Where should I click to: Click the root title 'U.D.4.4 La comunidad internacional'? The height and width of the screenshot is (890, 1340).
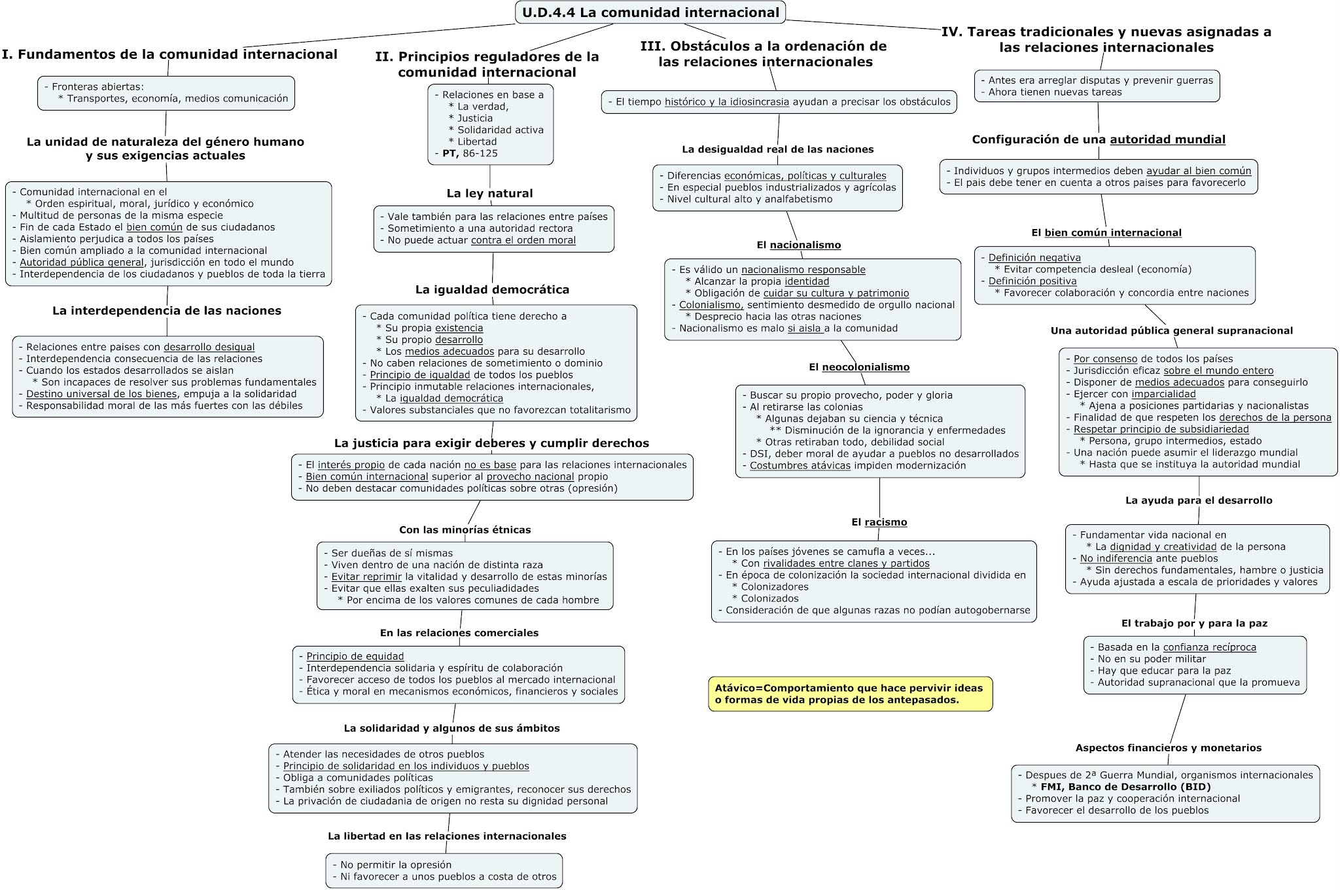[x=650, y=12]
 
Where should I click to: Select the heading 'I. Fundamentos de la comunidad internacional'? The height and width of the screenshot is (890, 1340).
[x=169, y=54]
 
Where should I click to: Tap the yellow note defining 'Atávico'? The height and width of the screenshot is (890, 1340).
[x=849, y=694]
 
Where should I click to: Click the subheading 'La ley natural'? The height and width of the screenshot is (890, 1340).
[x=489, y=193]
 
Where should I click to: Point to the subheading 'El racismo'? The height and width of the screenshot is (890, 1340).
[x=879, y=522]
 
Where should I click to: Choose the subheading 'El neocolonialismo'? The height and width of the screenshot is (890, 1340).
[x=859, y=367]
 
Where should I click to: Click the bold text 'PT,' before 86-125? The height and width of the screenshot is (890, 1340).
[x=450, y=153]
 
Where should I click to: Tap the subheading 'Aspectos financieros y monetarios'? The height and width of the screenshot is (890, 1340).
[x=1168, y=748]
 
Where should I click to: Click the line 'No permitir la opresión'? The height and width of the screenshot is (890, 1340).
[x=395, y=864]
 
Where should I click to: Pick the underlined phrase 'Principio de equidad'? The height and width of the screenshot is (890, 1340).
[x=355, y=656]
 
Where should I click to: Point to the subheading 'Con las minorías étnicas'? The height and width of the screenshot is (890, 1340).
[x=465, y=530]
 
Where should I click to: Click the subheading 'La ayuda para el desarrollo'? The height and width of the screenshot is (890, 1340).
[x=1198, y=501]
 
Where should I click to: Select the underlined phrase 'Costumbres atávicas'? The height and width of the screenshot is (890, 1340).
[x=800, y=465]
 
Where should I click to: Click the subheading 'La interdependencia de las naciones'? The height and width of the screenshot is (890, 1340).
[x=167, y=311]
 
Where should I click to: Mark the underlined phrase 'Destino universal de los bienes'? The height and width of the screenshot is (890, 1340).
[x=101, y=394]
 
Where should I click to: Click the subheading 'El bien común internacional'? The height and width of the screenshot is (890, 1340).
[x=1106, y=233]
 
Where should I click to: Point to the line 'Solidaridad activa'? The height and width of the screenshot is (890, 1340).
[x=500, y=130]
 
